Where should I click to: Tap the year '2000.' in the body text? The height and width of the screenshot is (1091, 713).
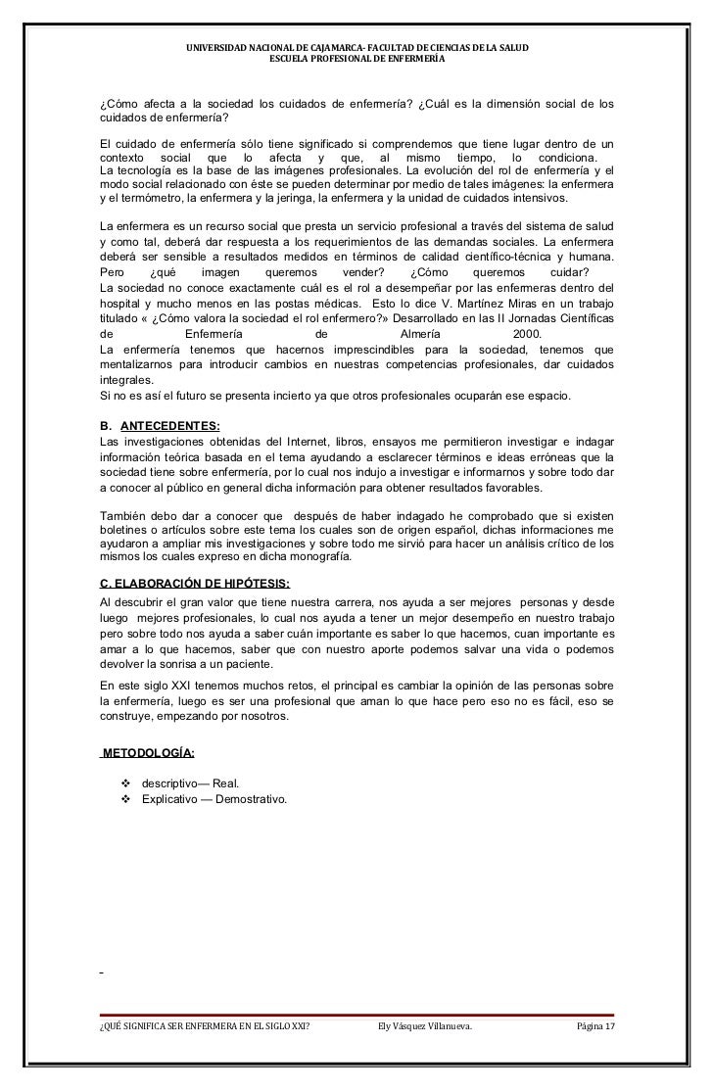pyautogui.click(x=534, y=333)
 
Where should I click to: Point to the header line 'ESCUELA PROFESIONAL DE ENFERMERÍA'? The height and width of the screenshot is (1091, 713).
pyautogui.click(x=356, y=60)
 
